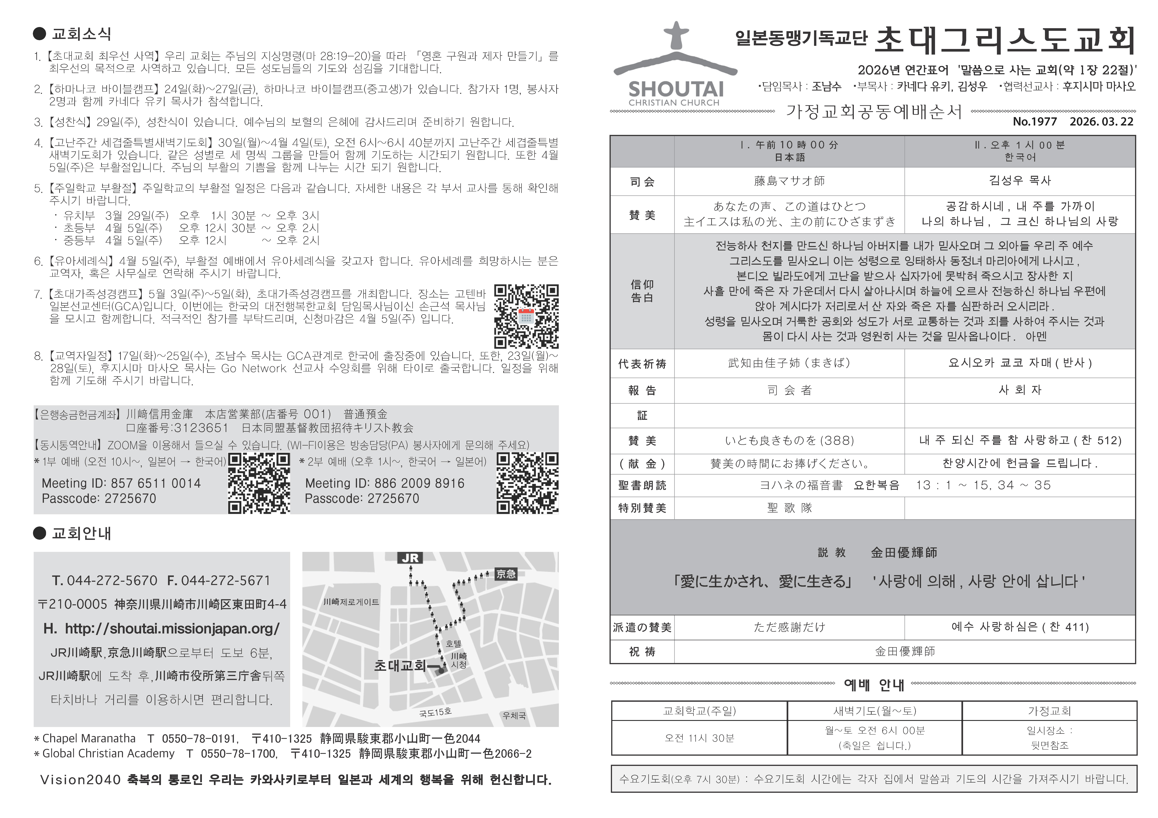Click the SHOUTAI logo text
[676, 90]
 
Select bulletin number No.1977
[1034, 122]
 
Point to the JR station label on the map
[410, 558]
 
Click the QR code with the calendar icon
[526, 317]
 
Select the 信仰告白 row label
[642, 291]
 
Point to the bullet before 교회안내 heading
[39, 533]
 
